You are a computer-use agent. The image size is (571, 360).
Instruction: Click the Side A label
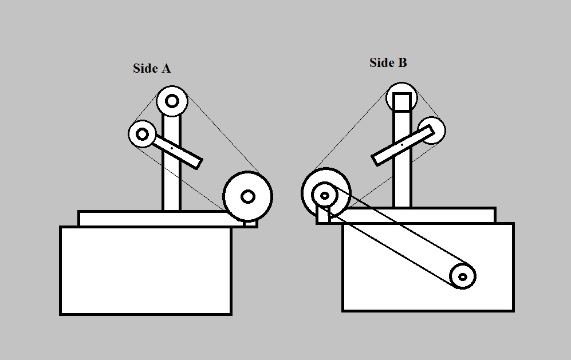pyautogui.click(x=152, y=69)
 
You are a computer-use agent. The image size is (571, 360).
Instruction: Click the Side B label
pyautogui.click(x=388, y=63)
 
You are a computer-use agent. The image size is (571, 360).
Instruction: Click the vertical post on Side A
pyautogui.click(x=171, y=172)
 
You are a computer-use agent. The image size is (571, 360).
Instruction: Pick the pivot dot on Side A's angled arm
pyautogui.click(x=172, y=149)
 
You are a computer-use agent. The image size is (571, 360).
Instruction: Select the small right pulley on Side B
pyautogui.click(x=435, y=127)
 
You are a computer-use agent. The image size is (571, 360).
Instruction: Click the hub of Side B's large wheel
pyautogui.click(x=325, y=196)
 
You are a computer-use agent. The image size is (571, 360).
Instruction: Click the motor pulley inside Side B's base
pyautogui.click(x=463, y=277)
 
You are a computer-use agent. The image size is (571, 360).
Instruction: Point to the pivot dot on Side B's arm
pyautogui.click(x=401, y=145)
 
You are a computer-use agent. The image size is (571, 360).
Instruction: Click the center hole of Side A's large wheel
pyautogui.click(x=247, y=196)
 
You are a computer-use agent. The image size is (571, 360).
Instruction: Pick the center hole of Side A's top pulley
pyautogui.click(x=172, y=101)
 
